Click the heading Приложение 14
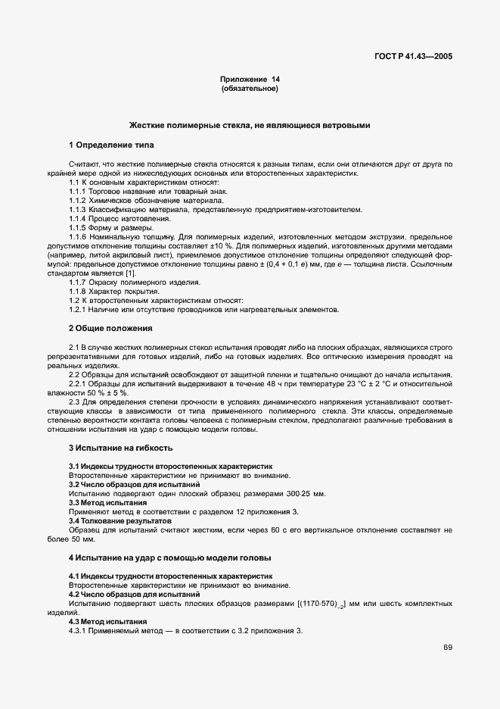pos(250,80)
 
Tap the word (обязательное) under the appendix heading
pos(250,89)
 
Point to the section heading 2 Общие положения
pos(111,328)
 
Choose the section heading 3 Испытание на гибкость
pos(116,448)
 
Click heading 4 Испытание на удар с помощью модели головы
pos(169,558)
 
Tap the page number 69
pos(448,647)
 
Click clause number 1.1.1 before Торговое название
pos(79,192)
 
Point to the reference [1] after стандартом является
pos(130,273)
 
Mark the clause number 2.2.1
pos(79,384)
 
